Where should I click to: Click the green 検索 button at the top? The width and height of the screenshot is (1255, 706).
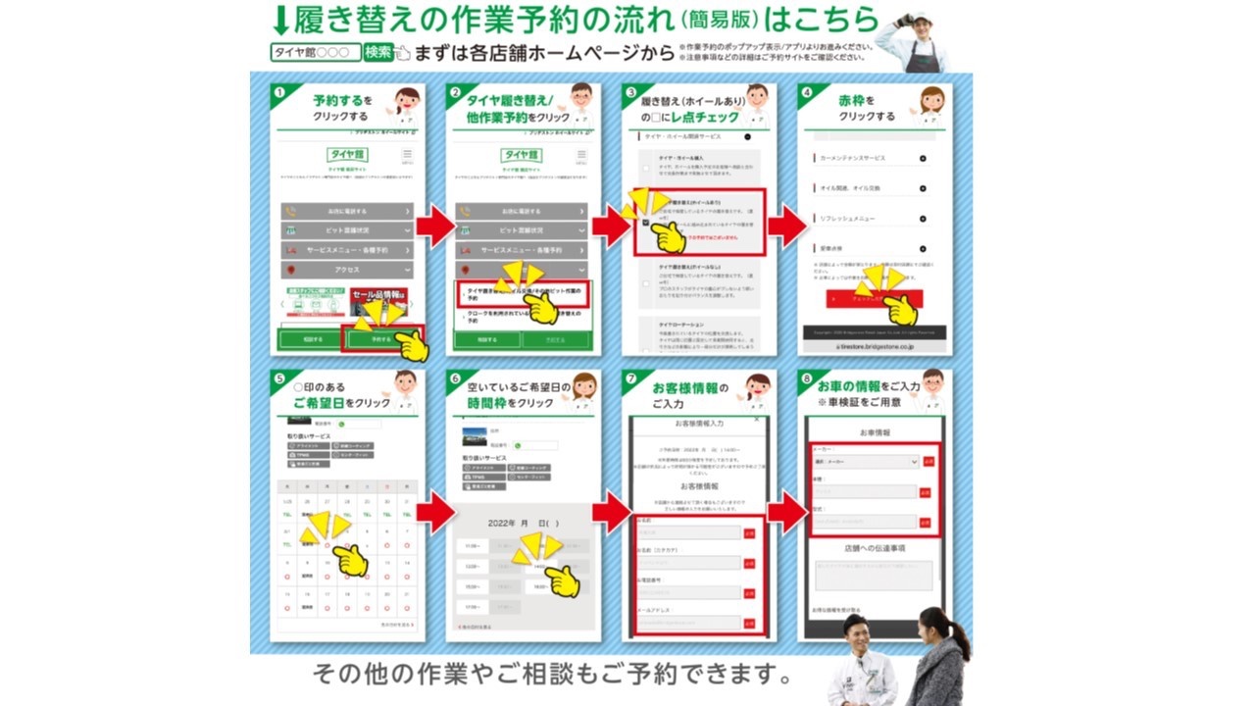(378, 52)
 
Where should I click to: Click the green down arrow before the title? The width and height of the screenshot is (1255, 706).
(279, 20)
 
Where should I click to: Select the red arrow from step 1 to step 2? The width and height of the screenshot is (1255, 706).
(434, 227)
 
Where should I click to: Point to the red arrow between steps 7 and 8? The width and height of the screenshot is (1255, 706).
(786, 511)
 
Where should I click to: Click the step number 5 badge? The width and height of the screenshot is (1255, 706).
(279, 378)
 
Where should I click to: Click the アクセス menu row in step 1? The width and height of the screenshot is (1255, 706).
(346, 270)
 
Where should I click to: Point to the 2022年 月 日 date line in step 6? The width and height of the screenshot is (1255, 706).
(524, 523)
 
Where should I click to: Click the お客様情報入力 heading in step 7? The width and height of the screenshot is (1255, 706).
(698, 423)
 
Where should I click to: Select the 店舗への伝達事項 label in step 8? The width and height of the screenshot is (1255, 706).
(874, 548)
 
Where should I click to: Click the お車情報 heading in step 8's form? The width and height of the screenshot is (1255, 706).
(874, 432)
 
